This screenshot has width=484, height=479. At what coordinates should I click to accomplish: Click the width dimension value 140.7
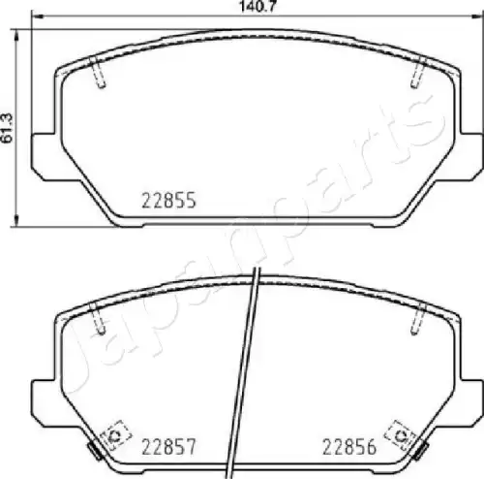pyautogui.click(x=257, y=6)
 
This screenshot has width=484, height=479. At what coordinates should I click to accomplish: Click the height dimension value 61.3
pyautogui.click(x=7, y=128)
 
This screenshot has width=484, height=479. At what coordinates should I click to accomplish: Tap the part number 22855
pyautogui.click(x=168, y=200)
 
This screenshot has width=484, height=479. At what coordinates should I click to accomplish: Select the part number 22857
pyautogui.click(x=168, y=447)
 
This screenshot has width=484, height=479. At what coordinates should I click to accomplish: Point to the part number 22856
pyautogui.click(x=349, y=447)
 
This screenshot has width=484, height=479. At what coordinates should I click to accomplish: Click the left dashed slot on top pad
pyautogui.click(x=98, y=73)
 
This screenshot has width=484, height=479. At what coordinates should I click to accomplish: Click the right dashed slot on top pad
pyautogui.click(x=418, y=73)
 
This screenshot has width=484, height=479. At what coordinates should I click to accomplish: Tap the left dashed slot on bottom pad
pyautogui.click(x=98, y=319)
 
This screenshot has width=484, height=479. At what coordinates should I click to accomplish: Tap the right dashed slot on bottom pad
pyautogui.click(x=418, y=319)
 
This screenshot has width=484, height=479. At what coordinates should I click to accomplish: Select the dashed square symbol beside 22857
pyautogui.click(x=115, y=435)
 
